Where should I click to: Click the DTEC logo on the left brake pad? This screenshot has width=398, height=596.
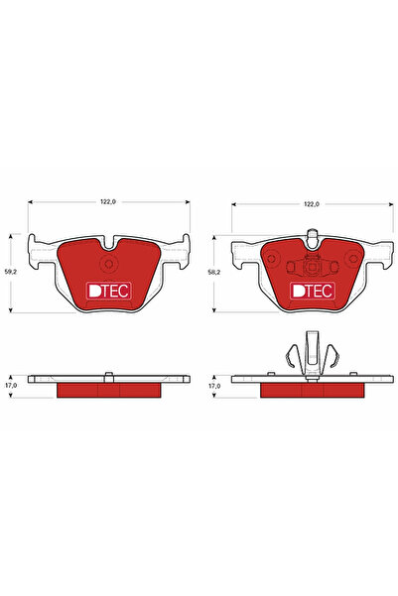point(108,291)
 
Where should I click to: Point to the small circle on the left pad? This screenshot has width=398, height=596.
point(110,264)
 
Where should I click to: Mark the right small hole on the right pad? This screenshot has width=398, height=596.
point(333,266)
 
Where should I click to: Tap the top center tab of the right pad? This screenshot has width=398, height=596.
point(313,237)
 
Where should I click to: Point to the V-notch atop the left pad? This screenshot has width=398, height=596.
point(109,245)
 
